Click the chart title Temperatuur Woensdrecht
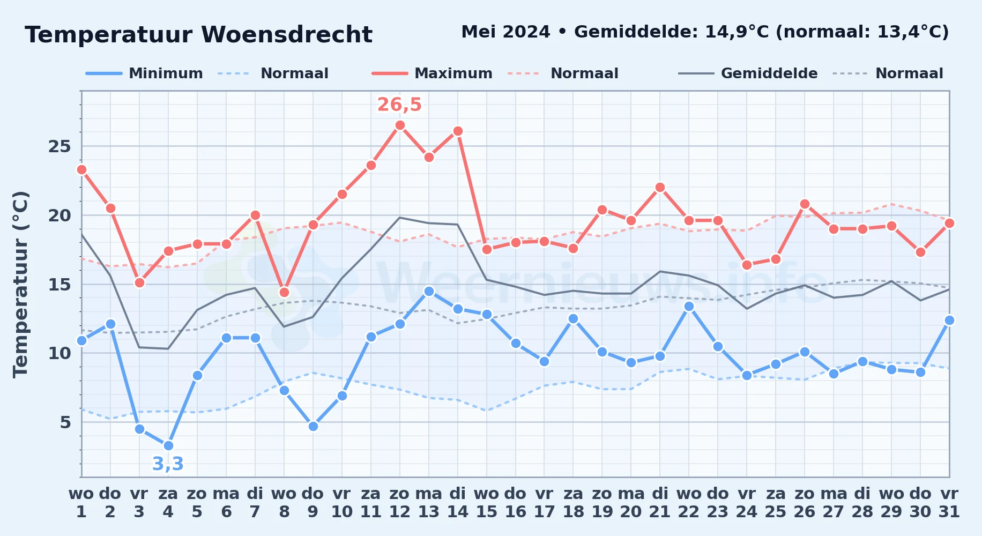coord(198,35)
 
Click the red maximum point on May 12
coord(400,125)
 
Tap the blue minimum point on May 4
coord(168,445)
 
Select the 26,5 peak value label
coord(399,105)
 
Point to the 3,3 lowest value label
coord(168,464)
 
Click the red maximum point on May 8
coord(284,292)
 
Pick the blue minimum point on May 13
coord(429,291)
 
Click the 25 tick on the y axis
coord(59,146)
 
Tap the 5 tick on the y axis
coord(65,422)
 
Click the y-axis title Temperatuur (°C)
coord(20,284)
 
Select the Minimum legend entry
coord(144,73)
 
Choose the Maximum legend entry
coord(432,73)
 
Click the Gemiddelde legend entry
coord(748,73)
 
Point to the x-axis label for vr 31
coord(949,503)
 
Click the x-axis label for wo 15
coord(487,503)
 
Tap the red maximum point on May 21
coord(660,188)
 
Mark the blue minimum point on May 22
coord(689,306)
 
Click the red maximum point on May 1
coord(81,169)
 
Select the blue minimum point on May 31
coord(949,320)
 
